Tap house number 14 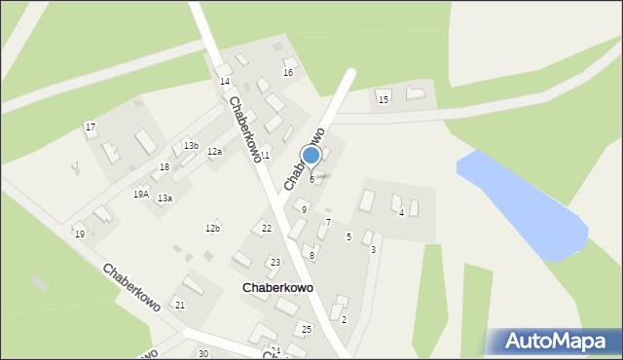225,82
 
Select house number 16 288,73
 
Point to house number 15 384,99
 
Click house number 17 91,127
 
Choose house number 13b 192,146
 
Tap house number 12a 214,152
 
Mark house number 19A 141,195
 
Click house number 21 179,306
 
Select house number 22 267,229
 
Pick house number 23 275,263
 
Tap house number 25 307,330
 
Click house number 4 401,212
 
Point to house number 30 202,353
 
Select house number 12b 212,228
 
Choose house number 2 344,319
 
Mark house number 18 165,167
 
